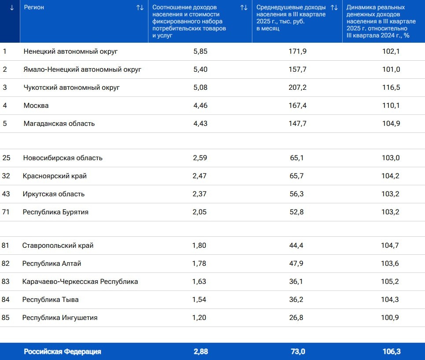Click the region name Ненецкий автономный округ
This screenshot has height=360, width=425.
(x=70, y=51)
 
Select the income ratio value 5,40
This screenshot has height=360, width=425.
(x=200, y=70)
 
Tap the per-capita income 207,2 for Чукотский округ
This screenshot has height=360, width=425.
(x=297, y=88)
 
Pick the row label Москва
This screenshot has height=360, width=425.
(x=36, y=106)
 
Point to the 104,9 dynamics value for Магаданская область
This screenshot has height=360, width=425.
(x=391, y=124)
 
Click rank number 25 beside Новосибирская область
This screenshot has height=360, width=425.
(x=6, y=158)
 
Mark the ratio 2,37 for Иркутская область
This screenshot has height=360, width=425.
(x=200, y=194)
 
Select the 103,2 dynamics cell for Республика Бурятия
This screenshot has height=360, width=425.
(x=391, y=212)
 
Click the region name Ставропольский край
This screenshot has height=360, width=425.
(x=58, y=246)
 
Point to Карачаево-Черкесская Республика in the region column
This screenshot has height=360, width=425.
(x=80, y=282)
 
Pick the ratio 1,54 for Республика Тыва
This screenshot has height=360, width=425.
(x=199, y=300)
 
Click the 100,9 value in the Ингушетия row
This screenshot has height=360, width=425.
(x=390, y=318)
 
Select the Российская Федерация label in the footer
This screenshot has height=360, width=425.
(x=62, y=352)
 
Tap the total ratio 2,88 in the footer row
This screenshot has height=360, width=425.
(x=200, y=352)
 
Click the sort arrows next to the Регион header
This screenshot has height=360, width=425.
(x=140, y=7)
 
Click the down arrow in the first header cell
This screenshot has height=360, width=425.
(x=12, y=7)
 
